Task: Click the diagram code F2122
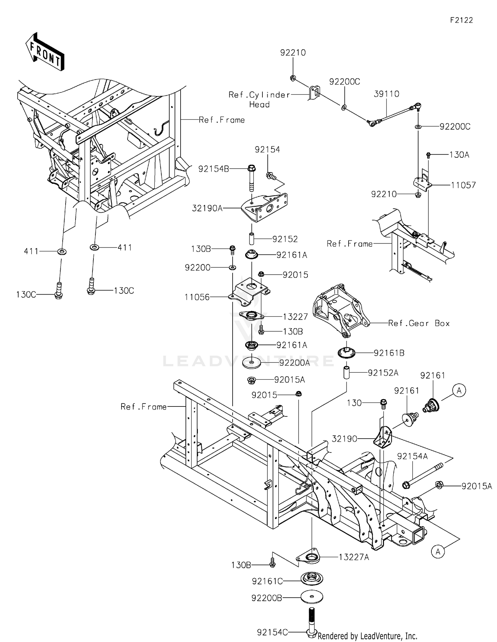(x=461, y=20)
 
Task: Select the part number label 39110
(x=386, y=94)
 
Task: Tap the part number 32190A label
(x=207, y=208)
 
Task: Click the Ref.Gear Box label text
(x=419, y=323)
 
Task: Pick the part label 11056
(x=197, y=297)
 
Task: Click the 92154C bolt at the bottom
(x=311, y=623)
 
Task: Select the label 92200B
(x=267, y=598)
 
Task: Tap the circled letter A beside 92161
(x=459, y=391)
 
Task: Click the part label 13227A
(x=354, y=557)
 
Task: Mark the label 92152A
(x=383, y=373)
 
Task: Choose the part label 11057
(x=463, y=185)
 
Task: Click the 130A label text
(x=459, y=155)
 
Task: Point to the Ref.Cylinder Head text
(x=259, y=99)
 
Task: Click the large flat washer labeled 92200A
(x=251, y=363)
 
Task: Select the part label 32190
(x=345, y=439)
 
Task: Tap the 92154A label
(x=412, y=456)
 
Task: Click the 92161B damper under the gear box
(x=346, y=352)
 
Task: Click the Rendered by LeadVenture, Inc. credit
(x=367, y=636)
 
